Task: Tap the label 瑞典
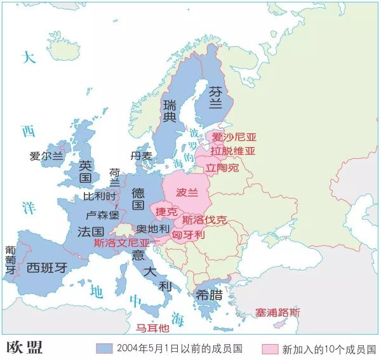(x=170, y=110)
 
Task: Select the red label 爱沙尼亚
(x=233, y=137)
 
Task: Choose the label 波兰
(x=187, y=192)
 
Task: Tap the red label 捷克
(x=166, y=211)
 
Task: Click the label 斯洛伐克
(x=204, y=220)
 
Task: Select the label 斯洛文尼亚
(x=122, y=243)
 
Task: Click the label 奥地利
(x=153, y=229)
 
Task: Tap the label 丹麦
(x=141, y=156)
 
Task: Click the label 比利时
(x=100, y=196)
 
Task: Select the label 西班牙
(x=46, y=267)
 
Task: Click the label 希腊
(x=209, y=294)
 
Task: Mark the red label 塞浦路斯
(x=277, y=312)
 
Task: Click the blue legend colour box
(x=104, y=349)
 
